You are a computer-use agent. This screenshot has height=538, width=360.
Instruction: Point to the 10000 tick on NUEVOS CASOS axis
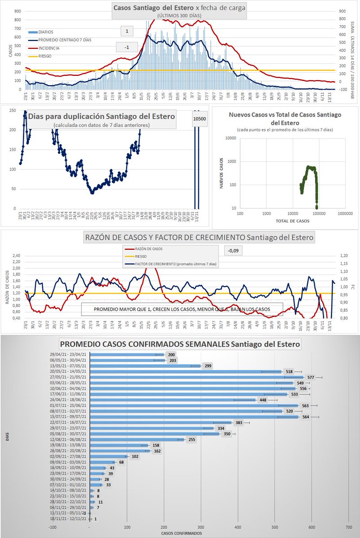pos(231,138)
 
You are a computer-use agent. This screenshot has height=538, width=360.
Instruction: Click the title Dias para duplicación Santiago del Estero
pos(101,116)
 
